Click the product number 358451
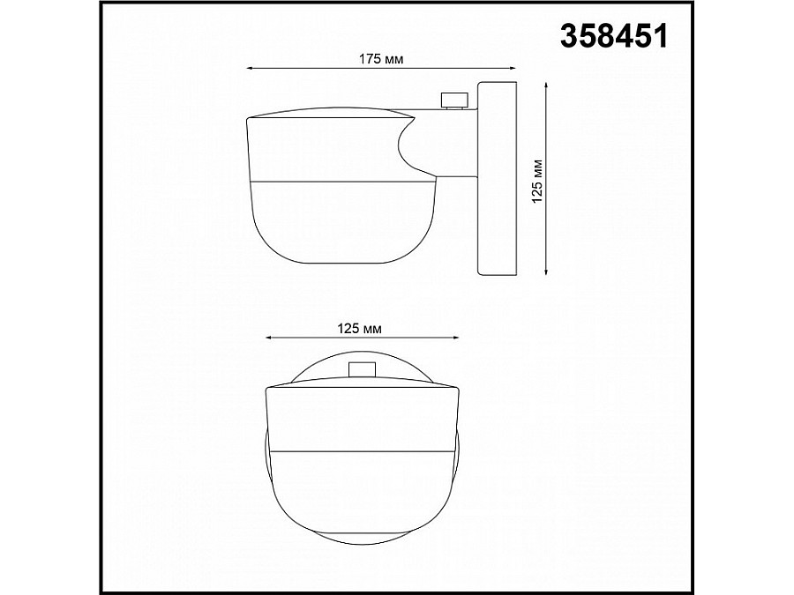pos(615,36)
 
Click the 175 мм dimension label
pos(381,58)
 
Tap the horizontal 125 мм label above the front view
pos(360,328)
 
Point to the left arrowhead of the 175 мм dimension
pos(249,68)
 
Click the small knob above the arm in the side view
pos(454,100)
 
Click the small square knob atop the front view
pos(361,370)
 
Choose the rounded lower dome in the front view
pos(362,494)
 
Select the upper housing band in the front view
pos(362,419)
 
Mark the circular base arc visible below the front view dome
pos(362,540)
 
